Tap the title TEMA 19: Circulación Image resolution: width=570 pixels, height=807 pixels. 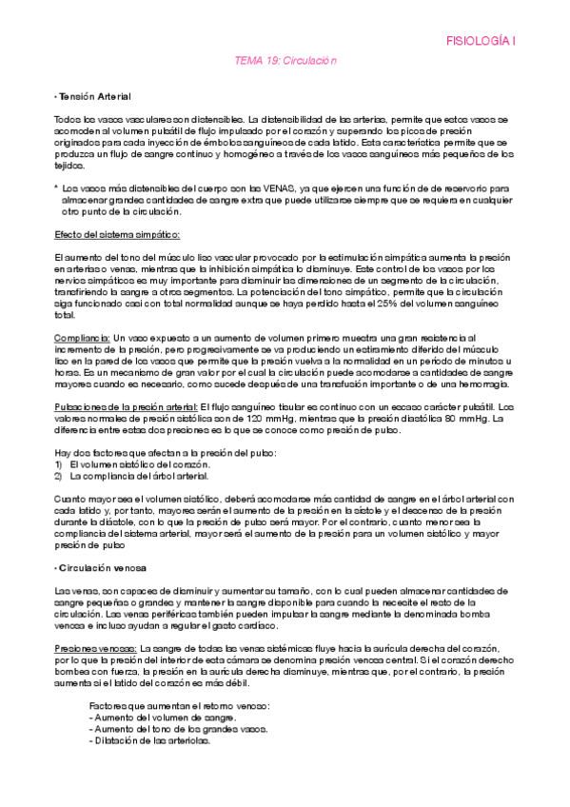click(285, 60)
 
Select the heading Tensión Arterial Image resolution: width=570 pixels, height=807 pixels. click(94, 97)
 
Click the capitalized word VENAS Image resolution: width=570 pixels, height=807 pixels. click(262, 189)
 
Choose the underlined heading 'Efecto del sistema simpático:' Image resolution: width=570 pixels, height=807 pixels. click(116, 234)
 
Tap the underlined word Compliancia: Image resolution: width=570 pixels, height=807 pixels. click(82, 338)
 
